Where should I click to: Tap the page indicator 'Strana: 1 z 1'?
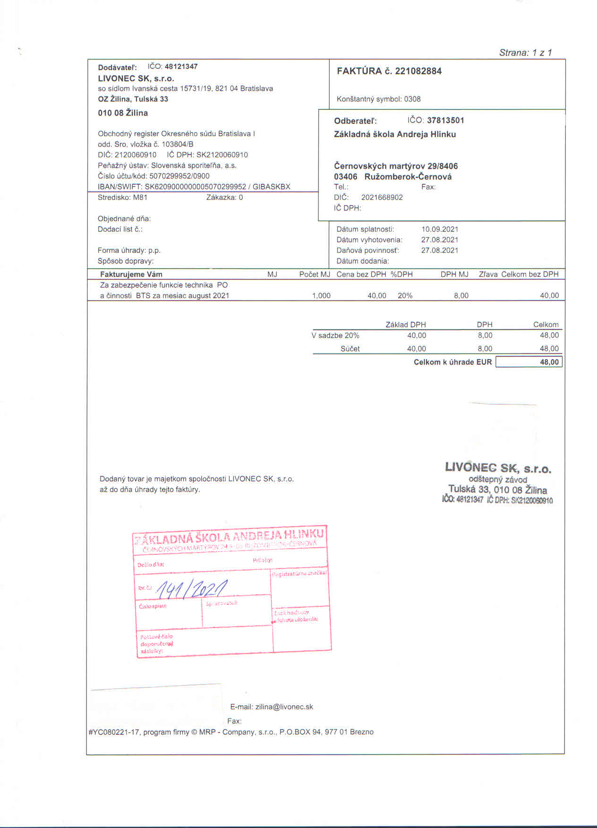(x=525, y=52)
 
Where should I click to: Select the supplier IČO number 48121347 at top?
(x=181, y=67)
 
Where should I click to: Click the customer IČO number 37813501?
(x=445, y=121)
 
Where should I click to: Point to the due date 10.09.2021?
(x=440, y=229)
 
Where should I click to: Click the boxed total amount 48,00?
(x=549, y=362)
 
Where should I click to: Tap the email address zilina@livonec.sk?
(x=284, y=707)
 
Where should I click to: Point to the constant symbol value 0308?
(x=412, y=99)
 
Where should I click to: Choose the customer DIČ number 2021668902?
(x=382, y=198)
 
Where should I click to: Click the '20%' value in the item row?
(x=405, y=296)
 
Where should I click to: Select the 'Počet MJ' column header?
(x=315, y=275)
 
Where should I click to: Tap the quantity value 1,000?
(x=321, y=296)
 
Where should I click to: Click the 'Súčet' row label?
(x=350, y=349)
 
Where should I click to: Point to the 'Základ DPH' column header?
(x=405, y=325)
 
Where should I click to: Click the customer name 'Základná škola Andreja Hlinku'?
(x=394, y=134)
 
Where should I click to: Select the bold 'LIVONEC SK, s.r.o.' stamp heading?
(x=498, y=468)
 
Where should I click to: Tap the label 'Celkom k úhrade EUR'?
(x=452, y=362)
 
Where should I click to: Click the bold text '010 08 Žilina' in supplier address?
(x=123, y=113)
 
